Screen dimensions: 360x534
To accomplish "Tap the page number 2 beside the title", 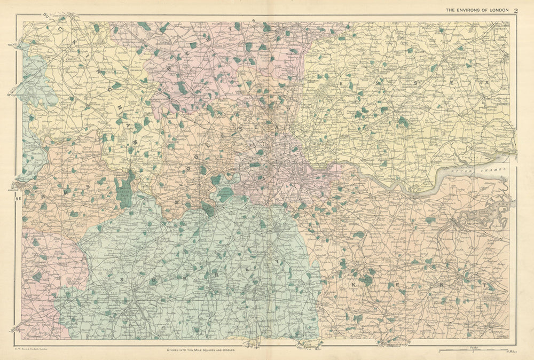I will [516, 10].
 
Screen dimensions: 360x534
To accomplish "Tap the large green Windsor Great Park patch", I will [124, 190].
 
